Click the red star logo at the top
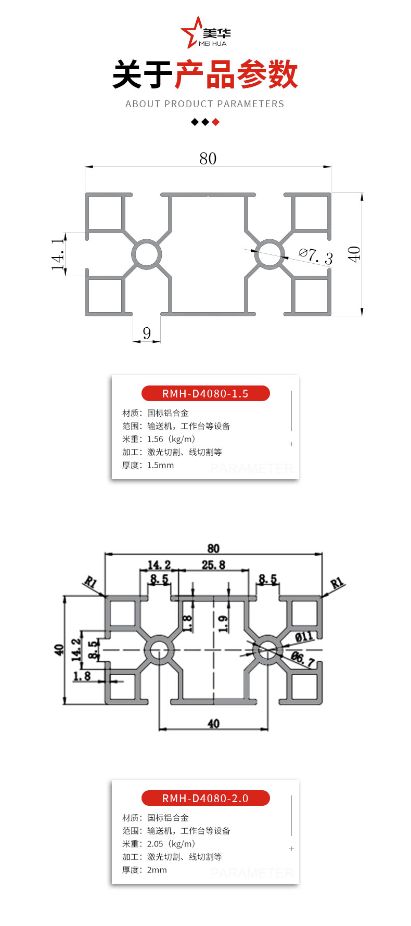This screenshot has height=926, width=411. (190, 32)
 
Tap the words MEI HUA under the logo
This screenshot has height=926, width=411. (212, 44)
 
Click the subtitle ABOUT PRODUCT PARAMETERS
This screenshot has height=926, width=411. (205, 104)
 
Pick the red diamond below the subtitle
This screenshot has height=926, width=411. (216, 122)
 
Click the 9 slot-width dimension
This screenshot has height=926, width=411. (147, 333)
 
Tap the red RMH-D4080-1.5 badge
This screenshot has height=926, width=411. (205, 393)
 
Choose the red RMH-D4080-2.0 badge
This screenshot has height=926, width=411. (205, 798)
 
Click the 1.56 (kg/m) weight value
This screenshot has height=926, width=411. (171, 439)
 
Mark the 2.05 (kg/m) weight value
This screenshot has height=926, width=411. (171, 844)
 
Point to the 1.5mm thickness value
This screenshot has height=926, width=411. (160, 465)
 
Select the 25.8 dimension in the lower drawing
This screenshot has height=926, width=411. (213, 565)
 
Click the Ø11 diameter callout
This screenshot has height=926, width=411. (304, 636)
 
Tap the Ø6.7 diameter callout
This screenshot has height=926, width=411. (302, 659)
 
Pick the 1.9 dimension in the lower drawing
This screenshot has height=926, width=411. (223, 623)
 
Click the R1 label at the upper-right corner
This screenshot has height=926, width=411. (337, 583)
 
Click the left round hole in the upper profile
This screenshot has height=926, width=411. (147, 254)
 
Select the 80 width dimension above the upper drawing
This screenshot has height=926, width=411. (208, 159)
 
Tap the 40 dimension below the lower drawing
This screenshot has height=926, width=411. (213, 724)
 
